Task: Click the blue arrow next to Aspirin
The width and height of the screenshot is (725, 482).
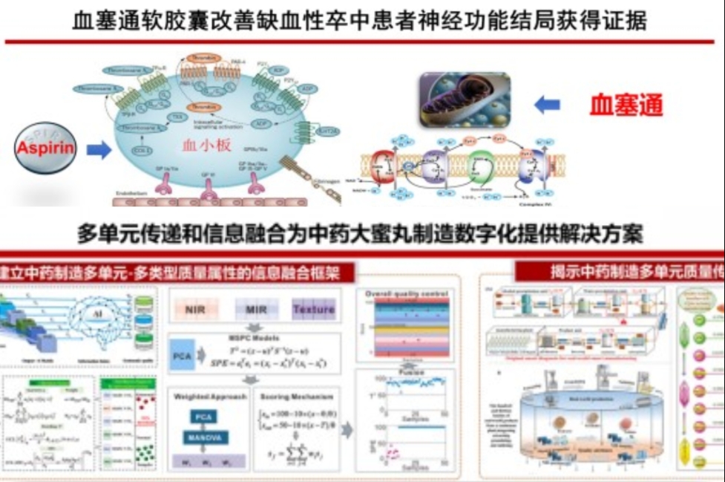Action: pyautogui.click(x=98, y=151)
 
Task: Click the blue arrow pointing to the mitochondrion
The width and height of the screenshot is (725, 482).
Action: pyautogui.click(x=546, y=105)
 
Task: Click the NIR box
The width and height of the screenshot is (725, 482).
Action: pyautogui.click(x=196, y=309)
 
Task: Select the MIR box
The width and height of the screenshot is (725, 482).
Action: pyautogui.click(x=255, y=309)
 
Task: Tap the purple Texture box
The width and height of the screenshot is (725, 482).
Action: pyautogui.click(x=313, y=309)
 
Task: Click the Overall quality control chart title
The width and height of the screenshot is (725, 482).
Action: pyautogui.click(x=404, y=294)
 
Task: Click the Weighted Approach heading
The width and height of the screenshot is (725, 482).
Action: pyautogui.click(x=209, y=396)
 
